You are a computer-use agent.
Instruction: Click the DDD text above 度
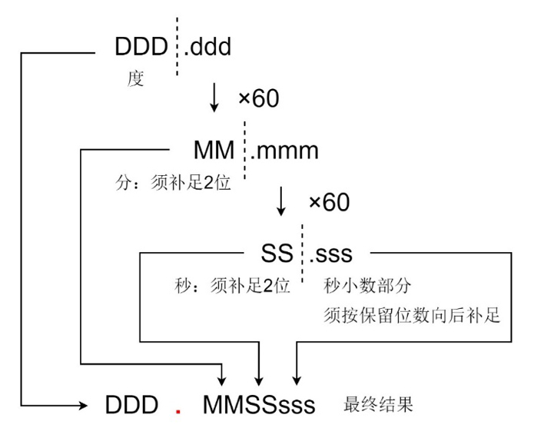click(x=141, y=48)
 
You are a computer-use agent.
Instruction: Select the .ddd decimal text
click(x=207, y=48)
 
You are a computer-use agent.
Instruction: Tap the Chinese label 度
click(x=135, y=79)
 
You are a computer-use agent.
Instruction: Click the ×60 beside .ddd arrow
click(x=259, y=98)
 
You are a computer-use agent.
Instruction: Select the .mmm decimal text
click(x=284, y=150)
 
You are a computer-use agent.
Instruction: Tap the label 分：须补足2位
click(x=171, y=184)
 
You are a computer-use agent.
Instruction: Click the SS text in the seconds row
click(x=277, y=252)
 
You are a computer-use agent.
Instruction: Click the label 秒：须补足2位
click(x=233, y=286)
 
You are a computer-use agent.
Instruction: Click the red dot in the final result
click(x=177, y=411)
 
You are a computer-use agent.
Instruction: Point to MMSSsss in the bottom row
click(x=259, y=405)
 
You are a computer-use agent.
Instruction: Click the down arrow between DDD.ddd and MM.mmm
click(x=214, y=98)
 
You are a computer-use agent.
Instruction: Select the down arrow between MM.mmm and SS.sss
click(x=281, y=201)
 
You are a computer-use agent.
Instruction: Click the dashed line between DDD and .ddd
click(x=177, y=48)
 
